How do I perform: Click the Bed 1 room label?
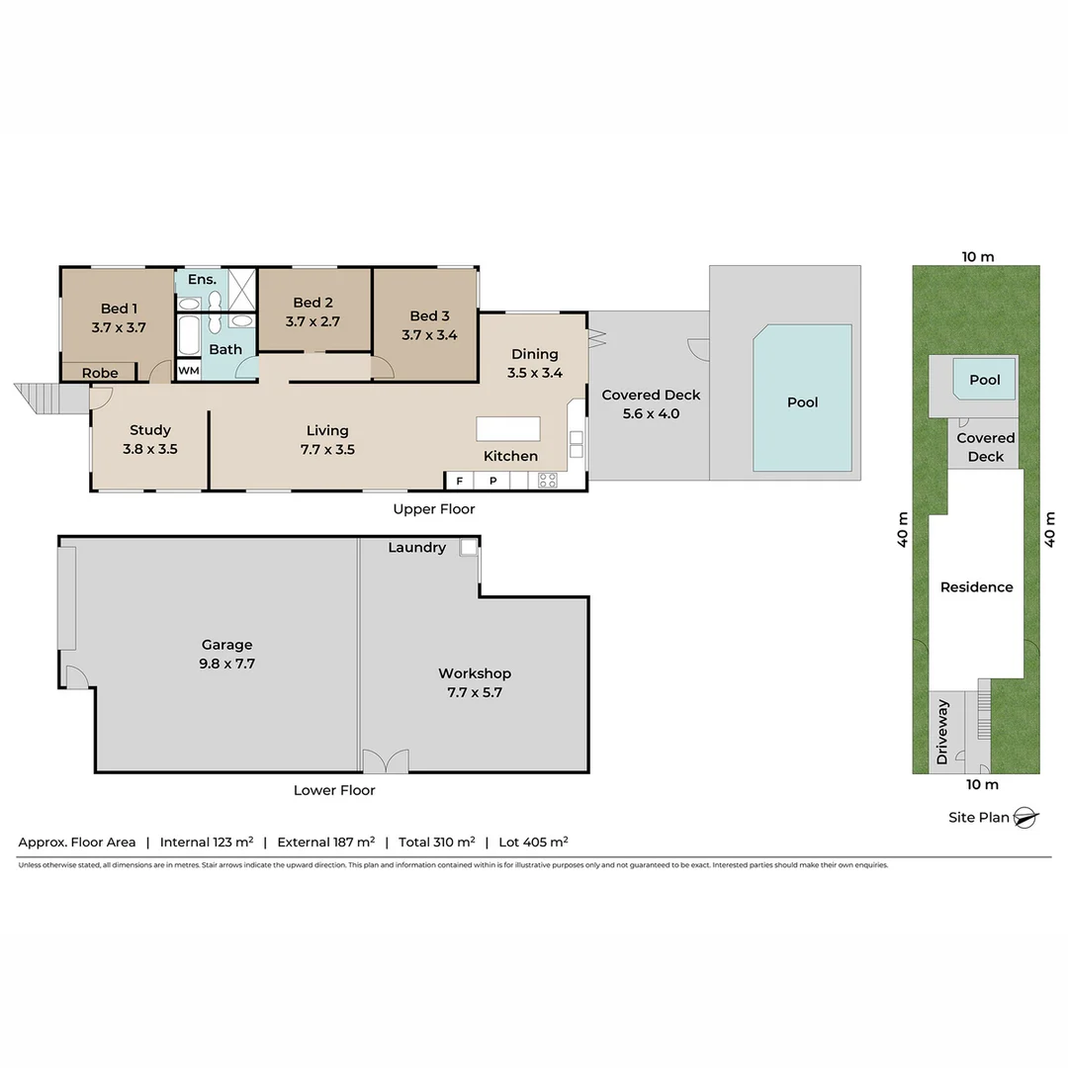tap(119, 309)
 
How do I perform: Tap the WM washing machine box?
tap(188, 371)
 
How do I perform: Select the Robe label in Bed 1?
tap(100, 373)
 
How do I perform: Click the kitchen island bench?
tap(508, 428)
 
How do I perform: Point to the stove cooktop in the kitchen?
tap(547, 481)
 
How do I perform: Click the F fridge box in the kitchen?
tap(459, 481)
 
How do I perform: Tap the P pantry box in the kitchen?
tap(491, 481)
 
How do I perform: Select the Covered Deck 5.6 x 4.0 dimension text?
tap(651, 413)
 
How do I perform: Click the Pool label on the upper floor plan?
tap(802, 402)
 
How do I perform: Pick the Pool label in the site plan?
tap(984, 380)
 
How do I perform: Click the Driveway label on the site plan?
tap(942, 732)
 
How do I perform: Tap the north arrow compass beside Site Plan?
tap(1025, 818)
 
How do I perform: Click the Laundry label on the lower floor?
tap(416, 547)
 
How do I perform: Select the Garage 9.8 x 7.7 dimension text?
tap(226, 664)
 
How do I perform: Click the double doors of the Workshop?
tap(385, 761)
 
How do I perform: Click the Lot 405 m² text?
tap(532, 842)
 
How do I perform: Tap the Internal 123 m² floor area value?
tap(206, 842)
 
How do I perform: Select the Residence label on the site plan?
tap(976, 586)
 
